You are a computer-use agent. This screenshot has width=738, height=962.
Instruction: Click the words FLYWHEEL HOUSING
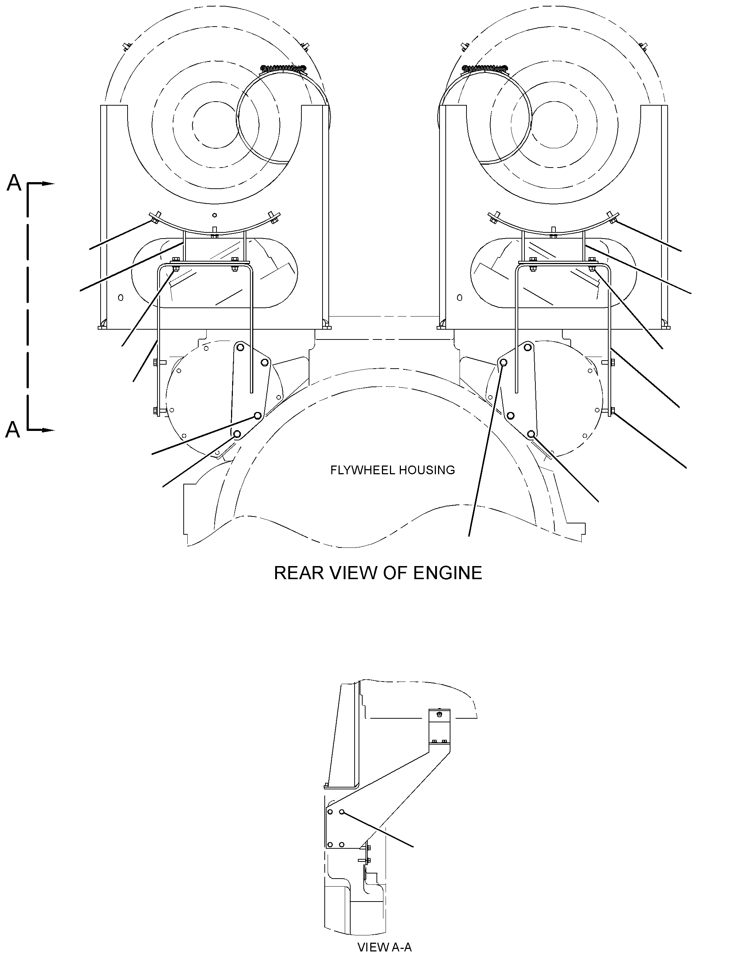pyautogui.click(x=392, y=470)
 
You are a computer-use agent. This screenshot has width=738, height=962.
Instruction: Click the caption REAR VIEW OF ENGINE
pyautogui.click(x=378, y=573)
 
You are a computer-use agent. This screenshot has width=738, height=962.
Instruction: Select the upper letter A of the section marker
pyautogui.click(x=14, y=182)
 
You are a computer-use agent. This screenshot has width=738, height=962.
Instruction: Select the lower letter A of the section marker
pyautogui.click(x=13, y=429)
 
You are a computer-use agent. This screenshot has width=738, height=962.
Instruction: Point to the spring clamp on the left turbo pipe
pyautogui.click(x=283, y=68)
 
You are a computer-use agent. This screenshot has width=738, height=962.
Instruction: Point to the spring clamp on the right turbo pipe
pyautogui.click(x=485, y=68)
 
